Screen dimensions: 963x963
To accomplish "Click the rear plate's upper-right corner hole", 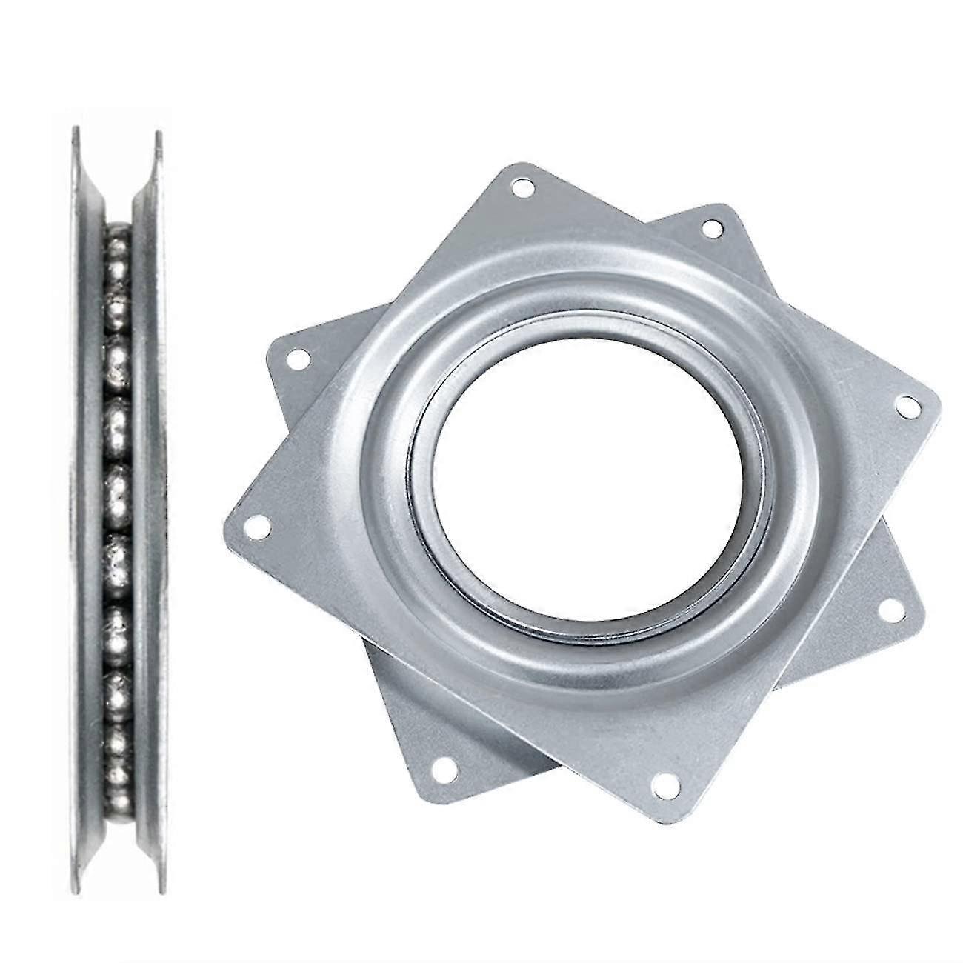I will (x=713, y=227).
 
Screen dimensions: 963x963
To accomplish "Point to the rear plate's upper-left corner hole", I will (x=297, y=359).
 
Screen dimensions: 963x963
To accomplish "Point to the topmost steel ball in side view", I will (x=116, y=236).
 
